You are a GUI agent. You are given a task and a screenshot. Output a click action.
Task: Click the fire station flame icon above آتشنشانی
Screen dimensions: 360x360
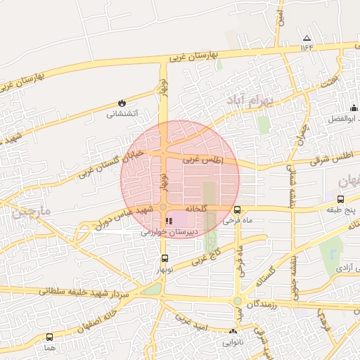pyautogui.click(x=122, y=103)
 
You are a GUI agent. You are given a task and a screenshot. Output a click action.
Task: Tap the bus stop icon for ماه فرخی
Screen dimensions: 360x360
pyautogui.click(x=237, y=210)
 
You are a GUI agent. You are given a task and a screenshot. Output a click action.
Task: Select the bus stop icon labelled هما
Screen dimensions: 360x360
pyautogui.click(x=49, y=337)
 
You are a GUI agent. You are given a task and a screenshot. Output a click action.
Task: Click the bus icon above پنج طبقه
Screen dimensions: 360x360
pyautogui.click(x=341, y=199)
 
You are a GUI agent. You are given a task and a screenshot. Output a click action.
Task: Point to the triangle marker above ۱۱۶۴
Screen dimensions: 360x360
pyautogui.click(x=306, y=38)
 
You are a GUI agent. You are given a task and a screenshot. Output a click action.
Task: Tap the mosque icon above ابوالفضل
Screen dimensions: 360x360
pyautogui.click(x=354, y=108)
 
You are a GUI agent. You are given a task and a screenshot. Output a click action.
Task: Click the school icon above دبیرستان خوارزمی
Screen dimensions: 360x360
pyautogui.click(x=168, y=221)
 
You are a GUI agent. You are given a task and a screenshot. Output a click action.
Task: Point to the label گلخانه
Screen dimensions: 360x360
pyautogui.click(x=195, y=209)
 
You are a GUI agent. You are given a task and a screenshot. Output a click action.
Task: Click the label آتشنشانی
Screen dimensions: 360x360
pyautogui.click(x=122, y=113)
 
